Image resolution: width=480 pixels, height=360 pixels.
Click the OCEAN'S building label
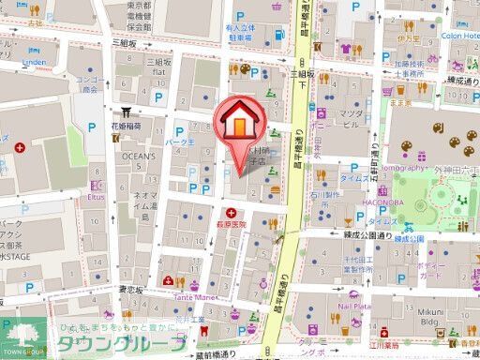(x=138, y=157)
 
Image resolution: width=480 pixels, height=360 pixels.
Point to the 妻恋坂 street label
(x=131, y=291)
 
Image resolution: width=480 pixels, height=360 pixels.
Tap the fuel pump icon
(x=279, y=36)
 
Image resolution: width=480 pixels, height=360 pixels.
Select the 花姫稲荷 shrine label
(x=127, y=126)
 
